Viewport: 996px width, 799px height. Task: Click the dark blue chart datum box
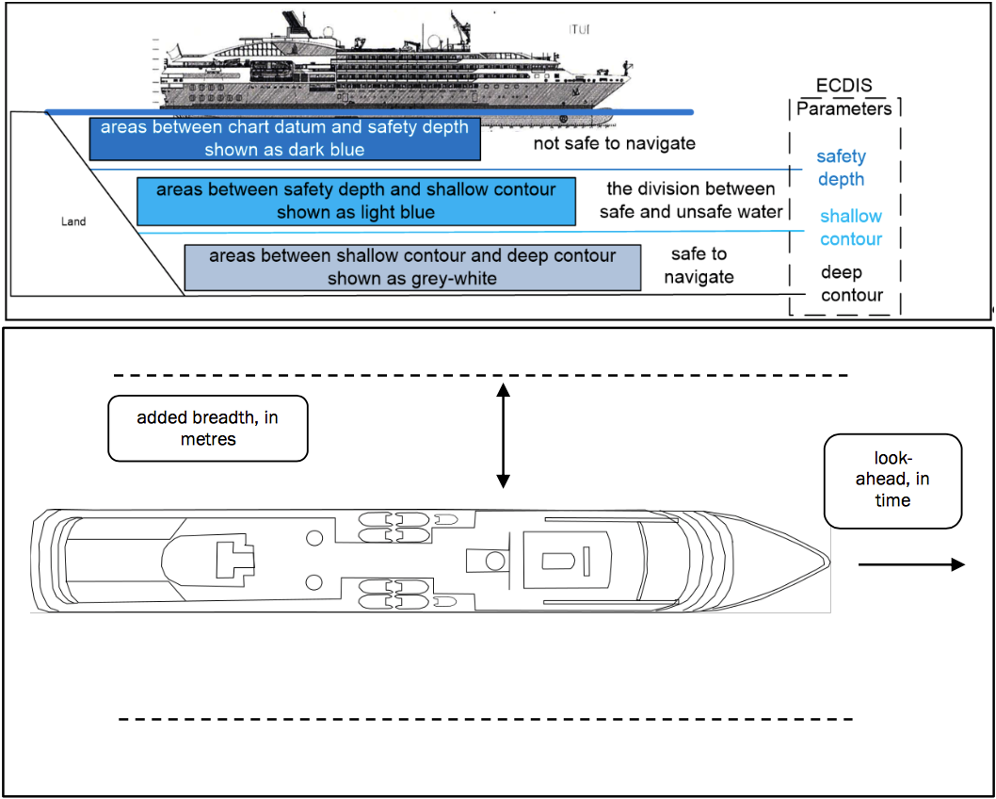284,139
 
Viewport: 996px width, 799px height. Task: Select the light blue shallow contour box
356,201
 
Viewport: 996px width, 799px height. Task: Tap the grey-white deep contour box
412,268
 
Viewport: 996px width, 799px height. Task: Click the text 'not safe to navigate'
614,143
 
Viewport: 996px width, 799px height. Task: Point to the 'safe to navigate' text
699,266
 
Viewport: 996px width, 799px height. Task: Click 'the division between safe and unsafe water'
691,201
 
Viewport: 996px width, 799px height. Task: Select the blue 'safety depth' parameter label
841,168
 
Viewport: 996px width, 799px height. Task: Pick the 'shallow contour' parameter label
850,228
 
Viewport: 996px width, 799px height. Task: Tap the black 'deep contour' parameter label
851,284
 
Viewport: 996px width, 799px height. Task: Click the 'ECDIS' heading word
844,86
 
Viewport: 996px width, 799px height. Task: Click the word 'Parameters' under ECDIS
843,108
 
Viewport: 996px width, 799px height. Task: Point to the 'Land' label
73,221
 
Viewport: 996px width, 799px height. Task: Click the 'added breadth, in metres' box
208,428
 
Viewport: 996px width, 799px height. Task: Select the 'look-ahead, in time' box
892,480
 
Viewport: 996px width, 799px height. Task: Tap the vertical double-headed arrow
503,435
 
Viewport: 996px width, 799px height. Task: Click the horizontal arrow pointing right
911,564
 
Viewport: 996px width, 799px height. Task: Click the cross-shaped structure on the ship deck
235,561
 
